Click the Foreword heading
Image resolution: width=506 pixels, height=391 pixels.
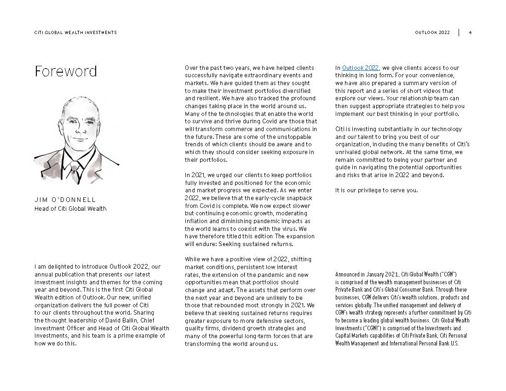point(66,71)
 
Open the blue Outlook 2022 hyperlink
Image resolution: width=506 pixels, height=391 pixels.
point(360,68)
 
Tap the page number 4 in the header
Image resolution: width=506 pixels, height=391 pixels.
point(470,33)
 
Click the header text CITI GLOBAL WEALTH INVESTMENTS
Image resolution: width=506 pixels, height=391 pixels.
point(75,33)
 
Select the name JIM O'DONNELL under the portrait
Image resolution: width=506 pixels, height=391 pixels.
point(65,200)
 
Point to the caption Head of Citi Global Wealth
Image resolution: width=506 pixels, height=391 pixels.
point(70,209)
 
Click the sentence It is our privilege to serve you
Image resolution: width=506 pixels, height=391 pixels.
point(377,190)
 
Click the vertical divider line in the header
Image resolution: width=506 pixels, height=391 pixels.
point(459,33)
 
